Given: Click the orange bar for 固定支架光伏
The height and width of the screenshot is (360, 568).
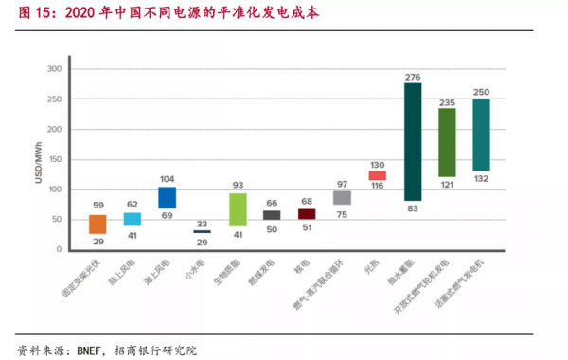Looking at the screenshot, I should click(x=98, y=224).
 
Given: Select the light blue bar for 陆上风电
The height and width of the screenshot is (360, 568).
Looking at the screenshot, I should click(x=133, y=219).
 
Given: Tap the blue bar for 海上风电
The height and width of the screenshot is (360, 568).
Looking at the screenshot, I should click(x=168, y=197).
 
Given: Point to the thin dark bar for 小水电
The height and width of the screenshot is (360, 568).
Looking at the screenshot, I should click(x=202, y=231).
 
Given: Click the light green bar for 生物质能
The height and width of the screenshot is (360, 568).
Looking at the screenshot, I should click(x=238, y=209).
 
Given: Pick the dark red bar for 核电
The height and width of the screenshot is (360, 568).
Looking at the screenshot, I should click(x=307, y=214).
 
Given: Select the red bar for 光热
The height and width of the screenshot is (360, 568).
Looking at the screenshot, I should click(x=377, y=175).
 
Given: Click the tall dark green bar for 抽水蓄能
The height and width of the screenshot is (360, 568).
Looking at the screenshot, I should click(x=413, y=142).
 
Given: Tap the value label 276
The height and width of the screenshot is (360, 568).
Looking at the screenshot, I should click(x=413, y=75).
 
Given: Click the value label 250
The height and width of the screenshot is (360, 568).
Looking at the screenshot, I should click(x=481, y=91).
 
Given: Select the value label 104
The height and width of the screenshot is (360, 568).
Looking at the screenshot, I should click(x=168, y=179).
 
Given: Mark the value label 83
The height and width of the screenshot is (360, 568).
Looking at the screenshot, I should click(x=413, y=209).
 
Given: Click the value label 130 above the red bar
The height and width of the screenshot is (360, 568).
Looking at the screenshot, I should click(x=377, y=163).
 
